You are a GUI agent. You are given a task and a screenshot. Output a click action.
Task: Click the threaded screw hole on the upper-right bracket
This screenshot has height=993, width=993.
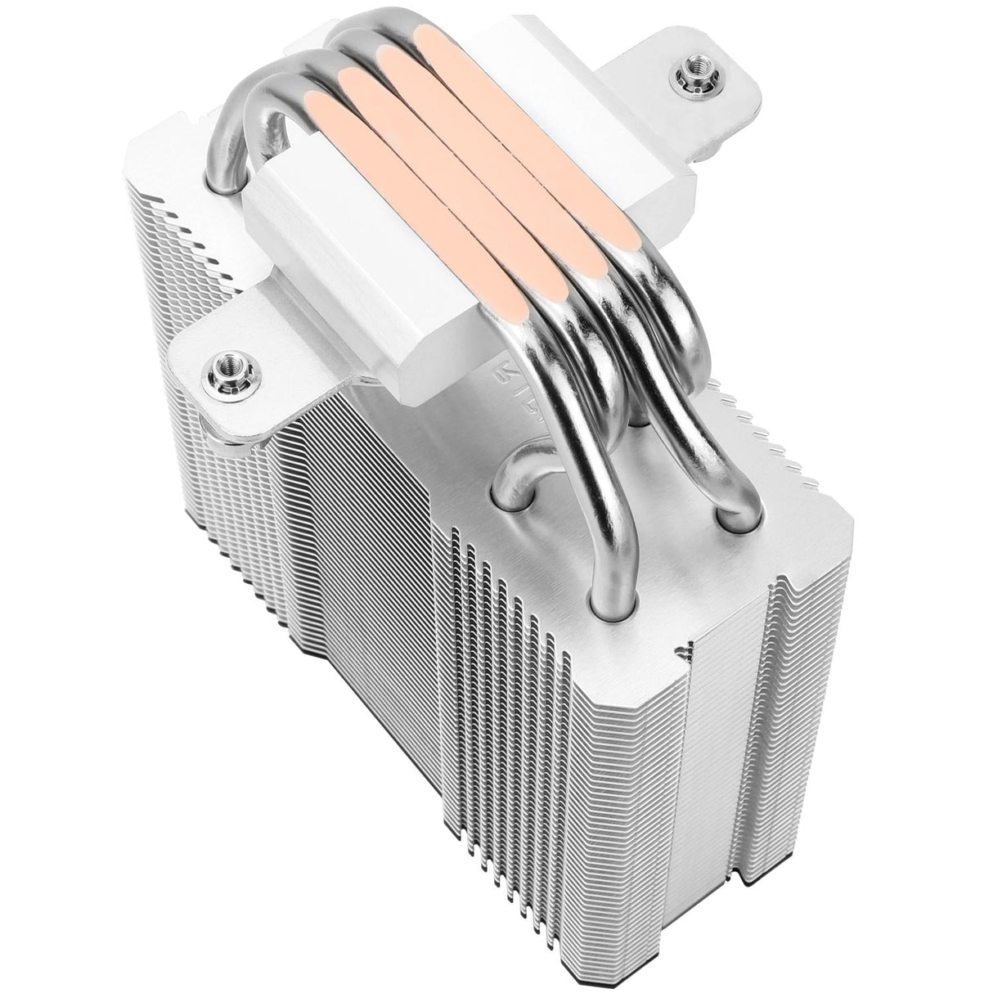[685, 79]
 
